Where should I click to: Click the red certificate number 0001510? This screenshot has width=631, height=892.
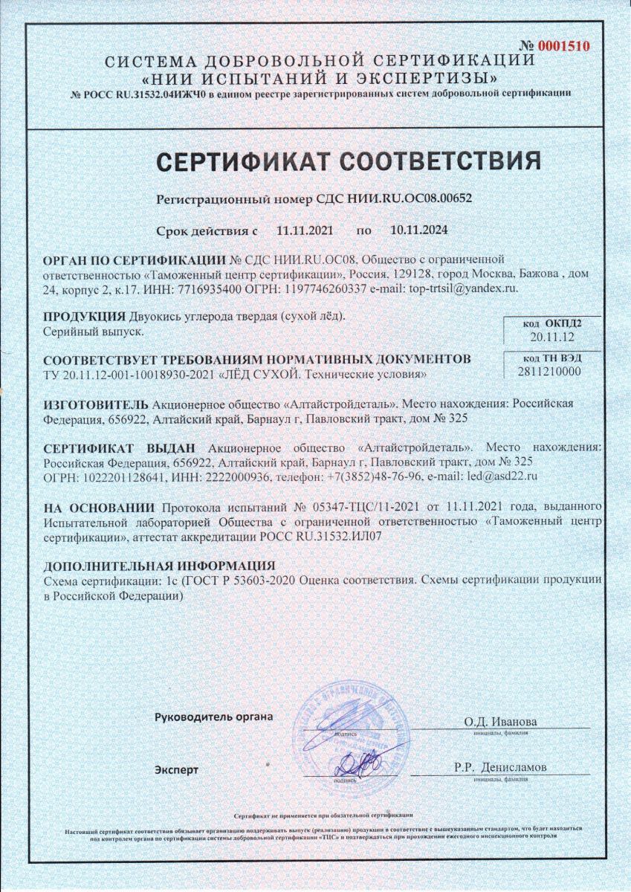(x=563, y=46)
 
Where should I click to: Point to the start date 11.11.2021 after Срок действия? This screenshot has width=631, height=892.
(x=305, y=230)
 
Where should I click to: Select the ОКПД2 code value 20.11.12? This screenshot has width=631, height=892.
(x=552, y=337)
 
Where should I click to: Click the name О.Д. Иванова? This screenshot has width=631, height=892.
(x=499, y=722)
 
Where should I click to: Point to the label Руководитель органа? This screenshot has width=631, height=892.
(x=213, y=717)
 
